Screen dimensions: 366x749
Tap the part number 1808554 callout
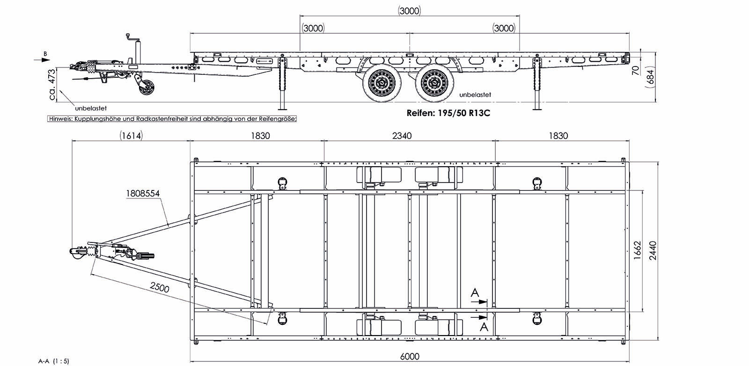pos(143,193)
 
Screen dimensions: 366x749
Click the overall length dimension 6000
pos(409,356)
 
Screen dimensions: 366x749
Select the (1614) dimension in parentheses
pos(131,136)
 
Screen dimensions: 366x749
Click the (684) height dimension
pos(649,74)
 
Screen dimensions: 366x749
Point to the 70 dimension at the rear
pos(635,70)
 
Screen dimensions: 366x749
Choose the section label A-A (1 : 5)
pos(53,361)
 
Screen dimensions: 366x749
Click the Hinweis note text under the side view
pos(172,119)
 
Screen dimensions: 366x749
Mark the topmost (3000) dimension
pos(409,11)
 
